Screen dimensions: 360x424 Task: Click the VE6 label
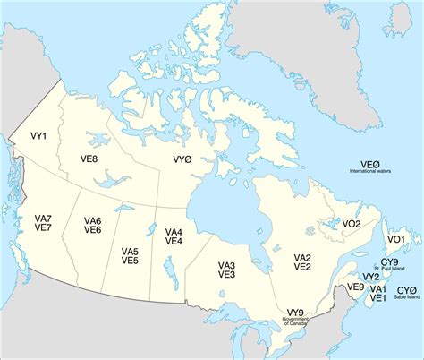coord(92,230)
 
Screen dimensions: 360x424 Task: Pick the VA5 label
coord(130,251)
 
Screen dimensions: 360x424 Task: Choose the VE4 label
coord(174,242)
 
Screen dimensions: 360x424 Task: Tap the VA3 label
coord(226,265)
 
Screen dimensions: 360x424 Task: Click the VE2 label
coord(302,267)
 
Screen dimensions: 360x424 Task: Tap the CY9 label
coord(390,261)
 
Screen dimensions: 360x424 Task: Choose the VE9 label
coord(355,287)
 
